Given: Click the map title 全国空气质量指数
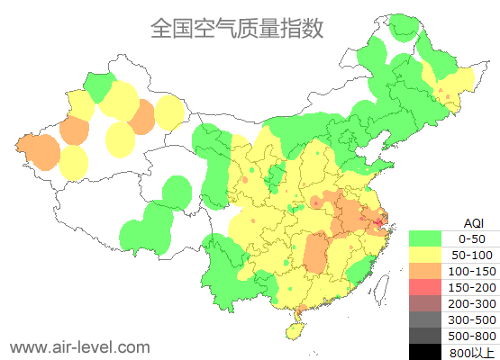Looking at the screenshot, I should pos(237,28).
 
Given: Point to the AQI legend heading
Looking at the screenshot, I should pos(472,221).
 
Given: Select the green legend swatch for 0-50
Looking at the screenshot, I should pos(426,238).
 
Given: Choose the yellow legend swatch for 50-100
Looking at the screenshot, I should pos(426,255).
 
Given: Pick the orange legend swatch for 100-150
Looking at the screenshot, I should pos(426,271).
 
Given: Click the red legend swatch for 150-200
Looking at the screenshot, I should pos(426,287).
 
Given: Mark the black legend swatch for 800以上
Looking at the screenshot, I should pos(426,352).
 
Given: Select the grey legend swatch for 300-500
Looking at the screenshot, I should pos(426,319).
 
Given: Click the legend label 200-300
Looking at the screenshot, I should pos(472,303).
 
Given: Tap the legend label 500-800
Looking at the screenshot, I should pos(472,336).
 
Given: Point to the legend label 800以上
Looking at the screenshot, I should pos(472,352).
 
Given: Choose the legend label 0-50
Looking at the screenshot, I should pos(472,238).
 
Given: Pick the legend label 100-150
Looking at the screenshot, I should pos(472,271).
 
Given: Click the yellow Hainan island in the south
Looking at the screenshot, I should pos(293,331).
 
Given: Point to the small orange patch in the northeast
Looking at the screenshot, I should pos(442,92).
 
